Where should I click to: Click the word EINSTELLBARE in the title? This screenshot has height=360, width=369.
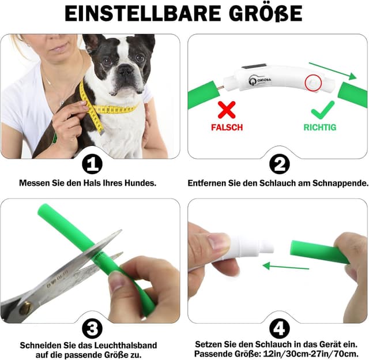(137, 14)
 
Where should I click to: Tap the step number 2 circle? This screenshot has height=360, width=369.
(278, 164)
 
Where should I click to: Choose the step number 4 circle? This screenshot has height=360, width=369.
(278, 329)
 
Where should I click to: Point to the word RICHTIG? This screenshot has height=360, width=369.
(319, 127)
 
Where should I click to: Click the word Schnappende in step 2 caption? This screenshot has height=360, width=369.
(340, 183)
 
